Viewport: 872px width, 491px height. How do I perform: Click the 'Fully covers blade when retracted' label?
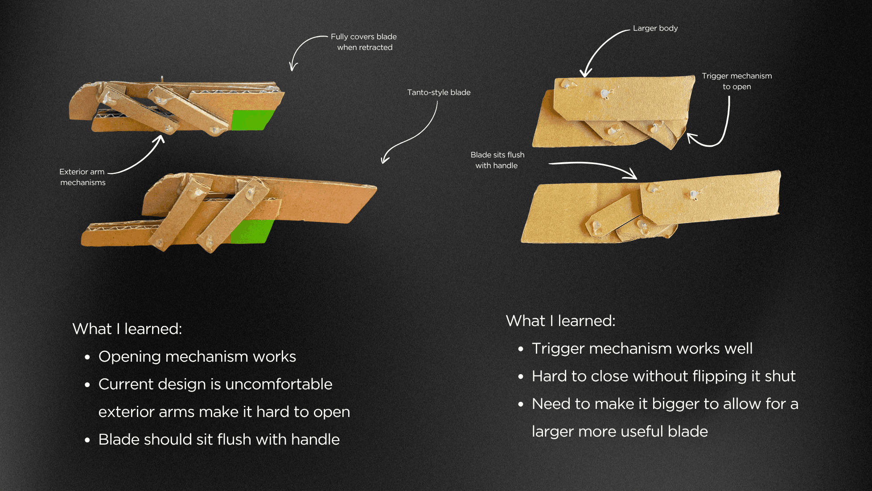pyautogui.click(x=364, y=42)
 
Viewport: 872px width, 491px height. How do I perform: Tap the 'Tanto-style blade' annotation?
pyautogui.click(x=439, y=92)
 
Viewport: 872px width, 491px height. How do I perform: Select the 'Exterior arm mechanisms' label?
pyautogui.click(x=82, y=177)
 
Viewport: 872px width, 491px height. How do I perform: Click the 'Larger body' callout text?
pyautogui.click(x=655, y=28)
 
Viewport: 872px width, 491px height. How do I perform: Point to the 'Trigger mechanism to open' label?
pyautogui.click(x=736, y=81)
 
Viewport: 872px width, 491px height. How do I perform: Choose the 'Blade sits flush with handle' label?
pyautogui.click(x=497, y=160)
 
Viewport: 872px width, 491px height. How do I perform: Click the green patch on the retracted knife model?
pyautogui.click(x=251, y=120)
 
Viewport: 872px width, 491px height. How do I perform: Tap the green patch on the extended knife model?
pyautogui.click(x=251, y=231)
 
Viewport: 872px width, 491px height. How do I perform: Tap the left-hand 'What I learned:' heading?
pyautogui.click(x=127, y=329)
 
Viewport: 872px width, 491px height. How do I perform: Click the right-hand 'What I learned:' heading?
pyautogui.click(x=560, y=321)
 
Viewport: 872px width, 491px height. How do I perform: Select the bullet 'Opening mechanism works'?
pyautogui.click(x=197, y=357)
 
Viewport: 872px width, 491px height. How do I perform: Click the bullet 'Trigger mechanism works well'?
pyautogui.click(x=642, y=349)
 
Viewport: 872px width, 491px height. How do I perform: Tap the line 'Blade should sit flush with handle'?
pyautogui.click(x=219, y=440)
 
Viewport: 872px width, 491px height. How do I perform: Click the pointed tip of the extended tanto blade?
pyautogui.click(x=376, y=187)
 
